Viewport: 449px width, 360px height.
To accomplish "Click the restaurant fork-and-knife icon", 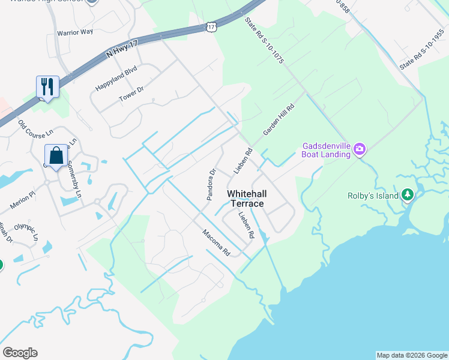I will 47,87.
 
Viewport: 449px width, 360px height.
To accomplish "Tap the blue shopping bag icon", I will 56,156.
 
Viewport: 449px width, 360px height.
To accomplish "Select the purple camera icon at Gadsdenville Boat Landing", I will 360,148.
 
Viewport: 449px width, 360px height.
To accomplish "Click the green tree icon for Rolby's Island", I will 408,195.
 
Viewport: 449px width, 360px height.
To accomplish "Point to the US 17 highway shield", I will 209,28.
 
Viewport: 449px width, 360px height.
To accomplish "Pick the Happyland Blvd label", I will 116,79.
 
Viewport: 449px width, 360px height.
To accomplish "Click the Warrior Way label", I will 74,31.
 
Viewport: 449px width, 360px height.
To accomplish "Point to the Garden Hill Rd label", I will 279,120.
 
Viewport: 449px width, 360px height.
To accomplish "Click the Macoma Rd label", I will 216,243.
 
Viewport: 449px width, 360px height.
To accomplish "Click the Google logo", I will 20,353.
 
